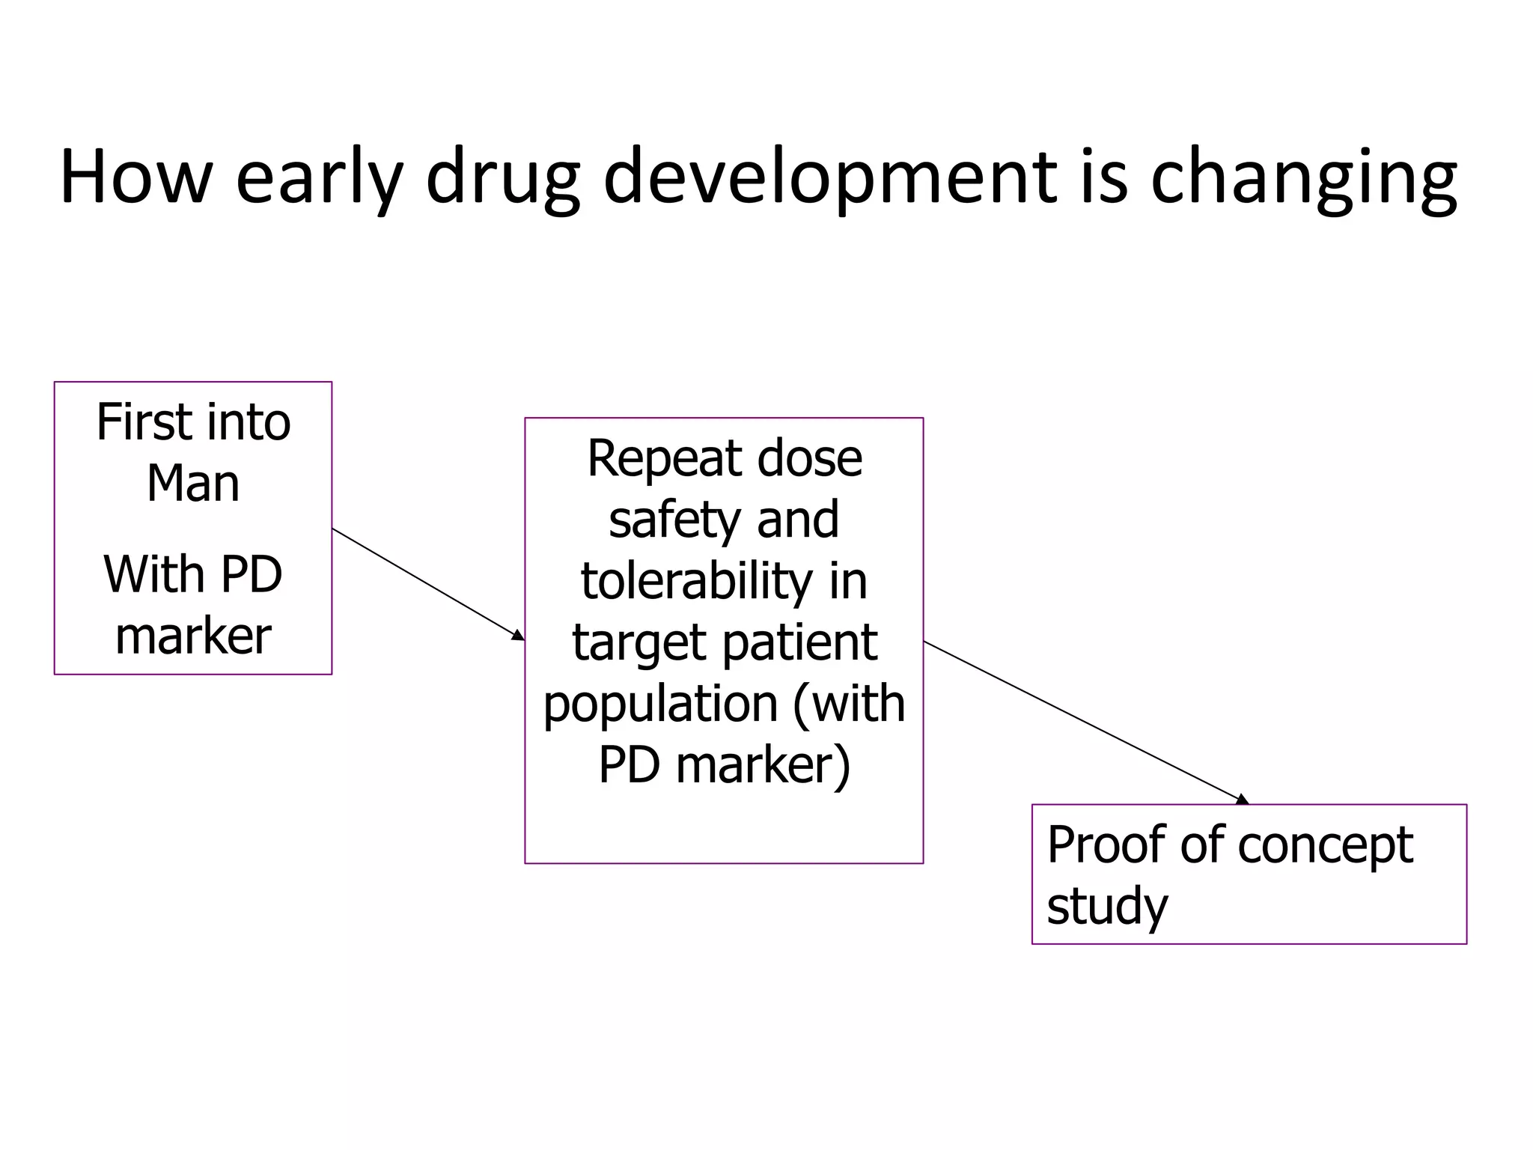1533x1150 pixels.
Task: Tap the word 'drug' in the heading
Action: click(502, 178)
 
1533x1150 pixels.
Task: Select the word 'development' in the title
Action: click(830, 178)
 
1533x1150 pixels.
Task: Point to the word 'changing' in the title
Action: click(1303, 178)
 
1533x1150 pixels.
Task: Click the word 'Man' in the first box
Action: click(193, 484)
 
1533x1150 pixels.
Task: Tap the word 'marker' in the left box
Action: click(193, 636)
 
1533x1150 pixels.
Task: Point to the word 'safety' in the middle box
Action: click(674, 520)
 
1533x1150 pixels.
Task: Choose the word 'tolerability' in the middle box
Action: click(696, 581)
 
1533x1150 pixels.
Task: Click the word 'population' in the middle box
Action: click(660, 704)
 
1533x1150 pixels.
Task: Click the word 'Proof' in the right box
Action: click(1106, 845)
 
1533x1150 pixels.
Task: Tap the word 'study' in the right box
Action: click(1106, 906)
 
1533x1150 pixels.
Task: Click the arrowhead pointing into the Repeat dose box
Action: click(518, 636)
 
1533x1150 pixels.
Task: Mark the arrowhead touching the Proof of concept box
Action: click(1243, 800)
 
